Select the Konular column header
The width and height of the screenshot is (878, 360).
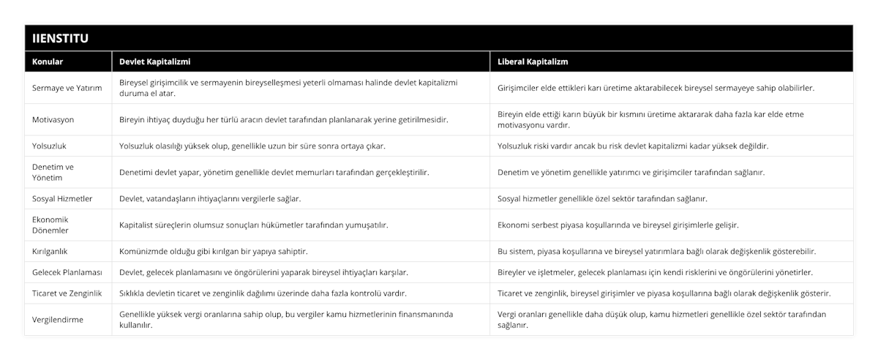[x=47, y=61]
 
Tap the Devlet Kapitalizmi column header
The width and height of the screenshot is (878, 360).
[x=154, y=61]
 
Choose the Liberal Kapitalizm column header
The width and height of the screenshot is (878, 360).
[x=533, y=61]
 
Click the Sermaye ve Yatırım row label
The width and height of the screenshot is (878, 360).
[x=67, y=88]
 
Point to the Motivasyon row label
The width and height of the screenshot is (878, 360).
[x=53, y=119]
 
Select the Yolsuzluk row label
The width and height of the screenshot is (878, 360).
[x=50, y=146]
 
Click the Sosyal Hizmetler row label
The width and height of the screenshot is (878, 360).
[x=63, y=198]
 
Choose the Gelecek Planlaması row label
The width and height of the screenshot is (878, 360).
[x=67, y=272]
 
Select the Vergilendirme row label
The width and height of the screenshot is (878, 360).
[x=58, y=320]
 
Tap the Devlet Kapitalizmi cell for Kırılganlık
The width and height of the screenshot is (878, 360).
[x=213, y=251]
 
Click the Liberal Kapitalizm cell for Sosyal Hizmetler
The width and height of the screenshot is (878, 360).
[x=602, y=198]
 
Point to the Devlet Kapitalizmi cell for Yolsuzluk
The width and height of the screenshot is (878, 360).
[x=252, y=146]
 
